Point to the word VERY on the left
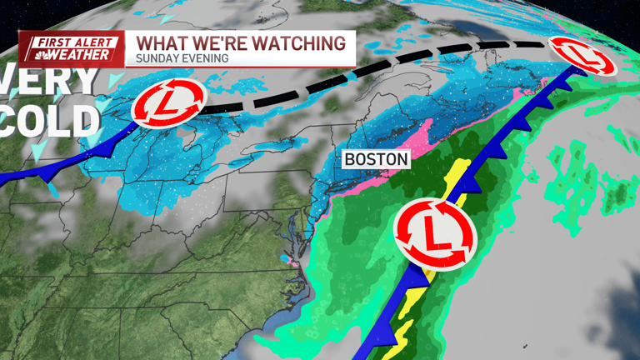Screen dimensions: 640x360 click(50, 81)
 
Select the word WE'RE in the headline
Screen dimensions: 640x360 click(218, 42)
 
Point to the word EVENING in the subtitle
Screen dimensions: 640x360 click(202, 59)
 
